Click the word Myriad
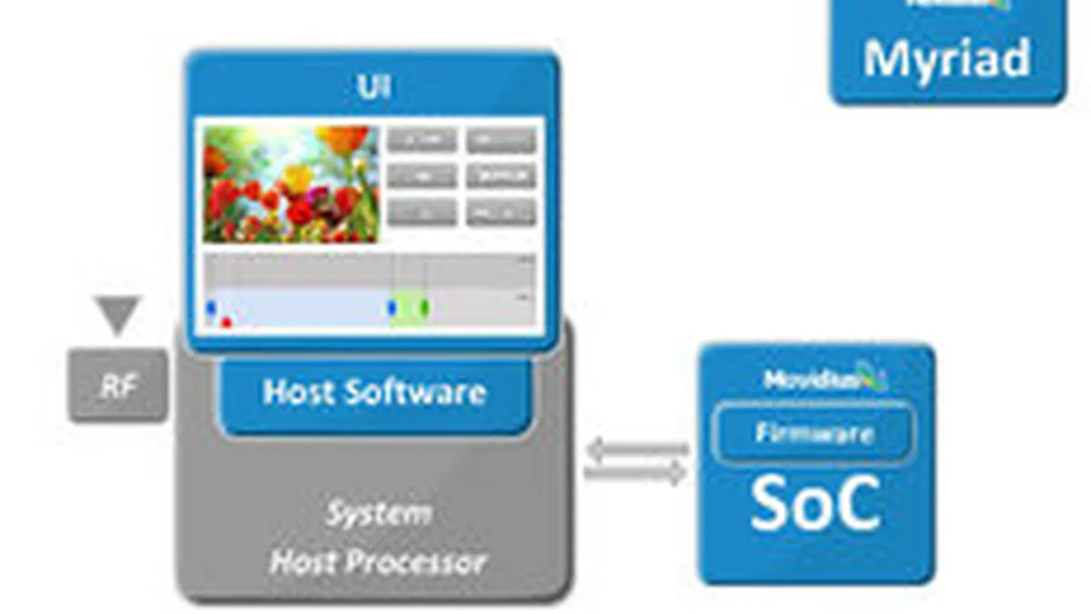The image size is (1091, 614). pos(946,59)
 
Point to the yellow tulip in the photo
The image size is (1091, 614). pos(296,176)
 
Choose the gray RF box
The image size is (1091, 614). pos(118,386)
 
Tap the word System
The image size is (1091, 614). pos(378,515)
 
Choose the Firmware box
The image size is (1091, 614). pos(815,433)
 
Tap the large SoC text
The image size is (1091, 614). pos(815,504)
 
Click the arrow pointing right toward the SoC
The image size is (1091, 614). pos(636,473)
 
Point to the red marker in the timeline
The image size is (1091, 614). pos(225,321)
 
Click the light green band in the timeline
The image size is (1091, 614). pos(409,308)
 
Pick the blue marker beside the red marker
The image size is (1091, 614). pos(211,308)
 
